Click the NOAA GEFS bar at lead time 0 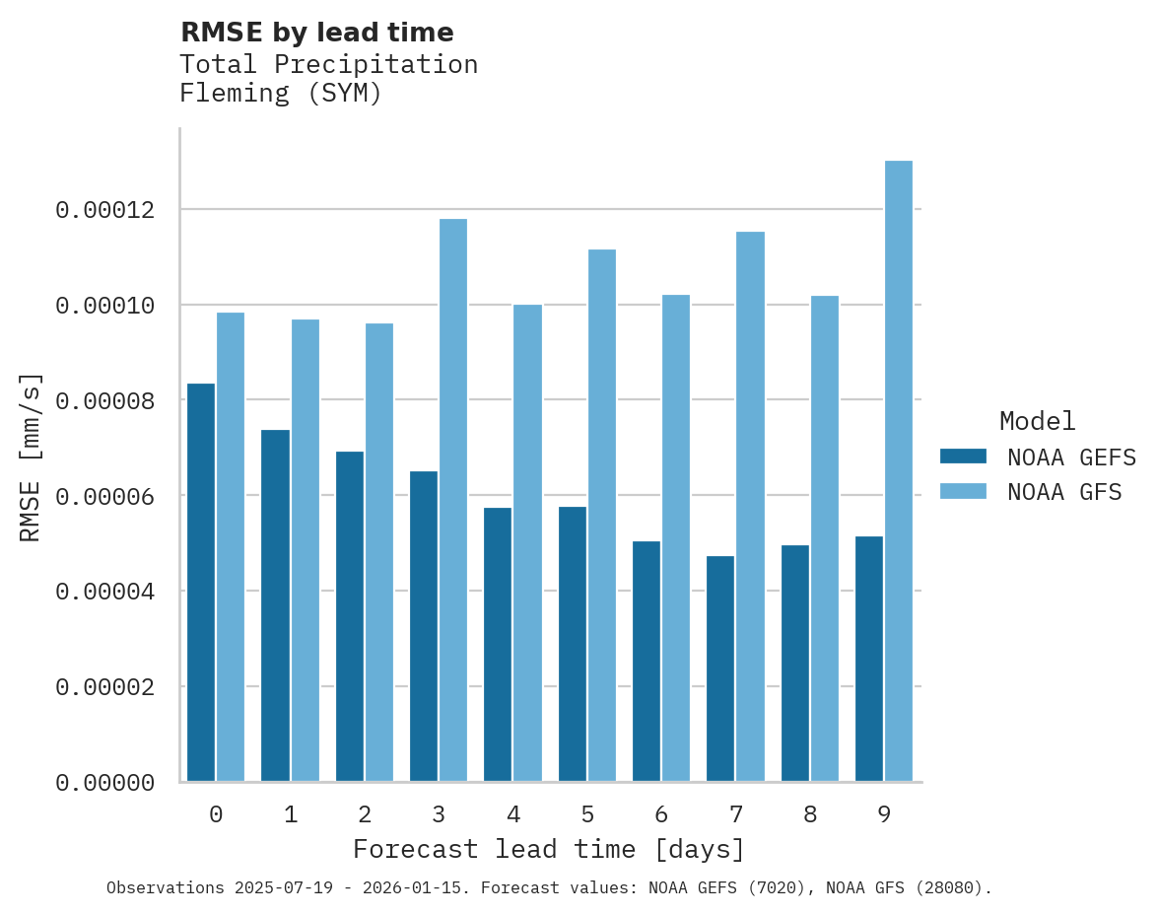[201, 582]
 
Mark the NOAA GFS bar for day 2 [379, 552]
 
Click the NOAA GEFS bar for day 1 [275, 605]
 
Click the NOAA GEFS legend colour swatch [963, 457]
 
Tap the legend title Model [1037, 421]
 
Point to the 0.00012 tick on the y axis [104, 210]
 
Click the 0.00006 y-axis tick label [104, 496]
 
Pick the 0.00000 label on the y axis [104, 783]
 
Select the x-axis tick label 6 [661, 815]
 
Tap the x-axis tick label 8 [810, 815]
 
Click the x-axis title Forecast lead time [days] [549, 850]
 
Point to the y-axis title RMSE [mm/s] [31, 457]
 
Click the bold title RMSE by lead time [317, 33]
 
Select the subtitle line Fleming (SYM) [281, 95]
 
